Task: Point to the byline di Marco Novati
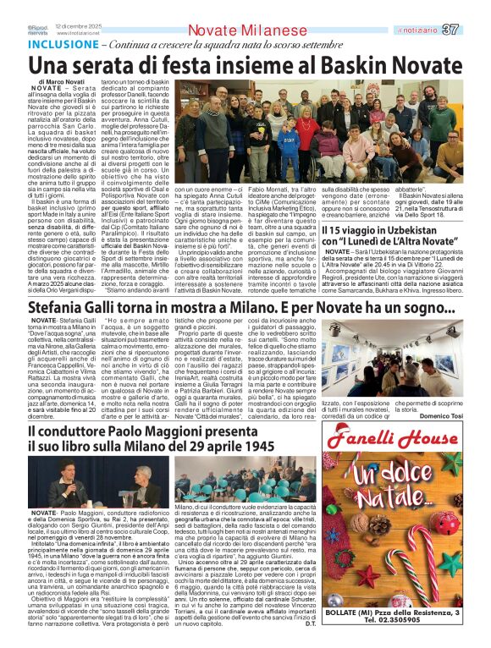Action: pyautogui.click(x=62, y=81)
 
